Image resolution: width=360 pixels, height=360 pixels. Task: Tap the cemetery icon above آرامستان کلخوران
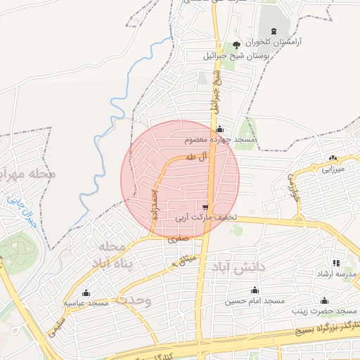274,31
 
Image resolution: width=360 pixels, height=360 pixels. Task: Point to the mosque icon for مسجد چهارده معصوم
220,129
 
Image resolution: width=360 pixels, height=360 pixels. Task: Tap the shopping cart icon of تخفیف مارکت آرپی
205,207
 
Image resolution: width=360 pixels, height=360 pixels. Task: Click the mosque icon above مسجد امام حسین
255,290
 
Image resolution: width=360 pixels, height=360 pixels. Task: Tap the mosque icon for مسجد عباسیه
86,292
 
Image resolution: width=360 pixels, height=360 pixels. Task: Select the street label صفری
177,239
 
